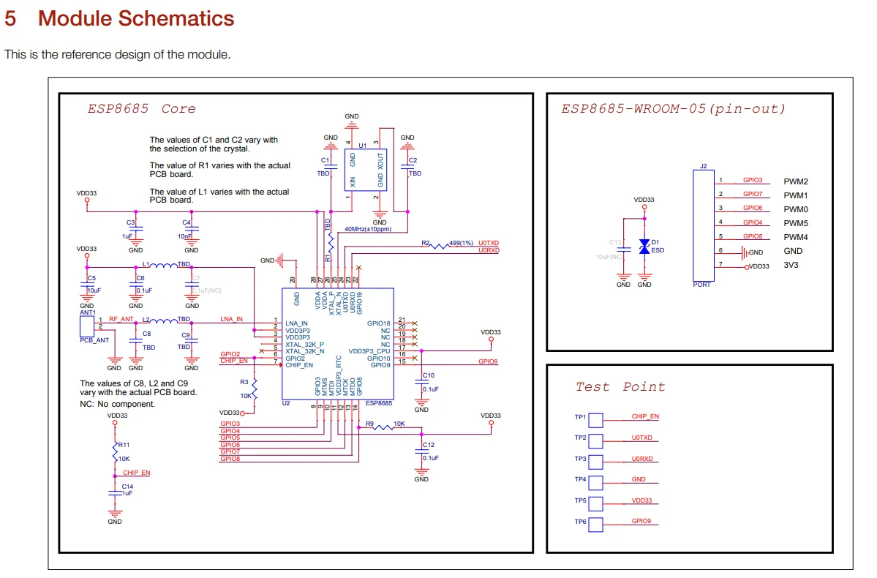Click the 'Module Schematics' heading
pos(136,18)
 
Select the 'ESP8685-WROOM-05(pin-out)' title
pos(673,109)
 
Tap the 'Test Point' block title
pos(620,387)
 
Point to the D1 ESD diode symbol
pos(644,247)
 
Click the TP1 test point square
pos(595,420)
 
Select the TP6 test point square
pos(595,525)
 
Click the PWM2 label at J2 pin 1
pos(795,181)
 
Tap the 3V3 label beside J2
pos(791,266)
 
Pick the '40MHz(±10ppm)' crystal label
pos(368,229)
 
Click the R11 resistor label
pos(124,445)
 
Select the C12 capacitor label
pos(429,445)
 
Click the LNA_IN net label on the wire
pos(231,319)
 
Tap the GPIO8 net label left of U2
pos(230,459)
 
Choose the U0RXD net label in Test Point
pos(642,459)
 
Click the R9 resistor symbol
pos(384,429)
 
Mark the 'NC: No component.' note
pos(117,404)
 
